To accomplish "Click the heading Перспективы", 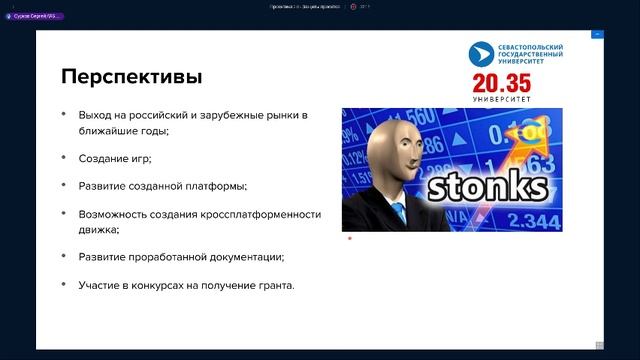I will pos(131,77).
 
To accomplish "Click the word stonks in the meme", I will pos(487,188).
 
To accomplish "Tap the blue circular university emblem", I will pos(481,54).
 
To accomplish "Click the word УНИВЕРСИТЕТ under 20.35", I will pos(518,98).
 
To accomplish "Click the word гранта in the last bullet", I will pos(274,285).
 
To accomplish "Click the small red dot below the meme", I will pos(349,238).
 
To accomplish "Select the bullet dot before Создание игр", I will pos(64,158).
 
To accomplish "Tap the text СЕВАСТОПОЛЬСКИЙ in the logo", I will pos(530,47).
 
